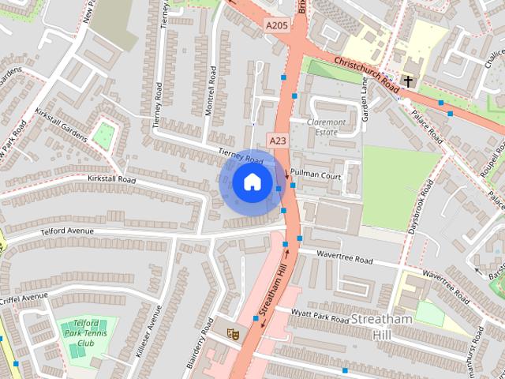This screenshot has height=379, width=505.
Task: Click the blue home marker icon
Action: point(251,182)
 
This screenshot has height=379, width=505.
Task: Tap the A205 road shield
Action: point(275,26)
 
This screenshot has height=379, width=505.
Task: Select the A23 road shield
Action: point(277,141)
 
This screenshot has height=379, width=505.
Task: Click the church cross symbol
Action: point(409,81)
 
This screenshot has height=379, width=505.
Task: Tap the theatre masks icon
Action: point(233,334)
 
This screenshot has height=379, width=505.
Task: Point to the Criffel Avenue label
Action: point(23,298)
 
